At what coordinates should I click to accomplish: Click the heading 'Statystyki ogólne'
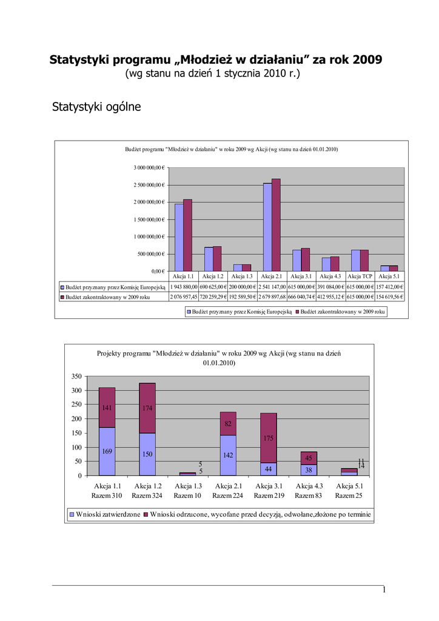coord(97,107)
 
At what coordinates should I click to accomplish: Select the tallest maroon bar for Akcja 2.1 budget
coord(276,224)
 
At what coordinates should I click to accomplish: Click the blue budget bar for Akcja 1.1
coord(179,237)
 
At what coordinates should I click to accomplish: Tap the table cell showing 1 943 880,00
coord(183,287)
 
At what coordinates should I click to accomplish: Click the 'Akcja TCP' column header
coord(360,276)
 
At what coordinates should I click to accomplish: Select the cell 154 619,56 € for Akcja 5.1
coord(390,297)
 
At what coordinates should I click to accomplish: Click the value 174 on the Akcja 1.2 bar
coord(147,408)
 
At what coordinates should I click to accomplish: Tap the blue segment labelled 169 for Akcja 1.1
coord(107,451)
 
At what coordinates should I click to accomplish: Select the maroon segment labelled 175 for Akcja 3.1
coord(268,438)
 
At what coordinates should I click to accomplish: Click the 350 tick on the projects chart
coord(76,377)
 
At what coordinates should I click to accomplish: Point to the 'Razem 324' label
coord(147,495)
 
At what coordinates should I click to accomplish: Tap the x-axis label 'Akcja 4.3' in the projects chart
coord(309,486)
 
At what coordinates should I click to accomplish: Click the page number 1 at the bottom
coord(384,591)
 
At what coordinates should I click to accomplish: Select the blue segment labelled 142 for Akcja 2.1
coord(228,455)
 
